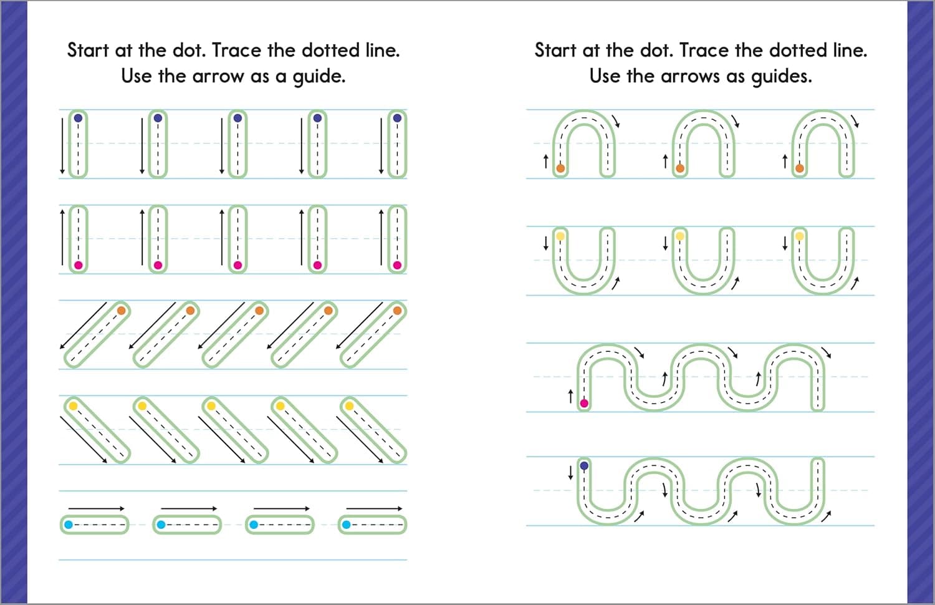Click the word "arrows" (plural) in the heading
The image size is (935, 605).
click(x=690, y=77)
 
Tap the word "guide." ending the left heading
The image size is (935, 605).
click(x=319, y=77)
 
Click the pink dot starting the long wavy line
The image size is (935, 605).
click(x=584, y=404)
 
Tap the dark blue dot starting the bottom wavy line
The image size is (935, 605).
click(x=584, y=465)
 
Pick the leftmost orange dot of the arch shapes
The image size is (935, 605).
click(x=560, y=168)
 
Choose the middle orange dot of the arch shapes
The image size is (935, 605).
click(x=680, y=168)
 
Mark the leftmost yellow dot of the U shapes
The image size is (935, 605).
click(x=560, y=236)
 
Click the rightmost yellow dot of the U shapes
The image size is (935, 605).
click(x=800, y=236)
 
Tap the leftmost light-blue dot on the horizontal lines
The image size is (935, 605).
click(x=69, y=525)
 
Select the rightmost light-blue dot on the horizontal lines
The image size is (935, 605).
click(x=347, y=525)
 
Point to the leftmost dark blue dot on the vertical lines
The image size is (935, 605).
click(x=78, y=117)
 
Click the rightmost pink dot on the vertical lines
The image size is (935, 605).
click(x=397, y=266)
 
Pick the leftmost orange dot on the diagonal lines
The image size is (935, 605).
click(x=121, y=310)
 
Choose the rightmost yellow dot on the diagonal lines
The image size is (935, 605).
click(x=349, y=406)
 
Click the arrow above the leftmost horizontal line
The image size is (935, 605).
click(x=96, y=508)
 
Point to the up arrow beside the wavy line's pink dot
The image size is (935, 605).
click(x=570, y=396)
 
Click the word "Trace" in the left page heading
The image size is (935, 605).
click(x=239, y=50)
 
